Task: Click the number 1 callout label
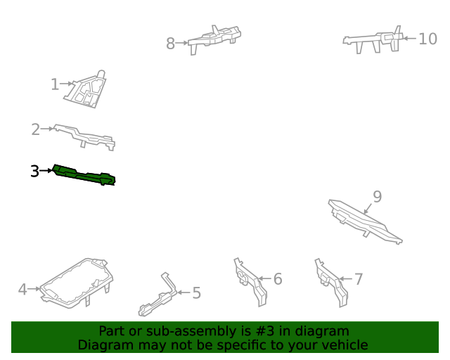coord(55,84)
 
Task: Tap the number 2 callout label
coord(36,129)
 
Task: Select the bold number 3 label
coord(34,171)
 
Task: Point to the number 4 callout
coord(22,290)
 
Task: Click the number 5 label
coord(197,293)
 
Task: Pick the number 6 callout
coord(278,279)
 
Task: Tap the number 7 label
coord(359,279)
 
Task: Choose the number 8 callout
coord(170,44)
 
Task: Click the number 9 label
coord(378,197)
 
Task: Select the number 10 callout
coord(428,39)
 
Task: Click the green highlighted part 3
coord(84,176)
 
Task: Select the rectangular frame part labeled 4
coord(77,283)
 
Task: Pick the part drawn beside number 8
coord(214,39)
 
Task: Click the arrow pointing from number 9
coord(368,208)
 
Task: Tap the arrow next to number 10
coord(410,38)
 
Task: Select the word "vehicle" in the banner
coord(349,345)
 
